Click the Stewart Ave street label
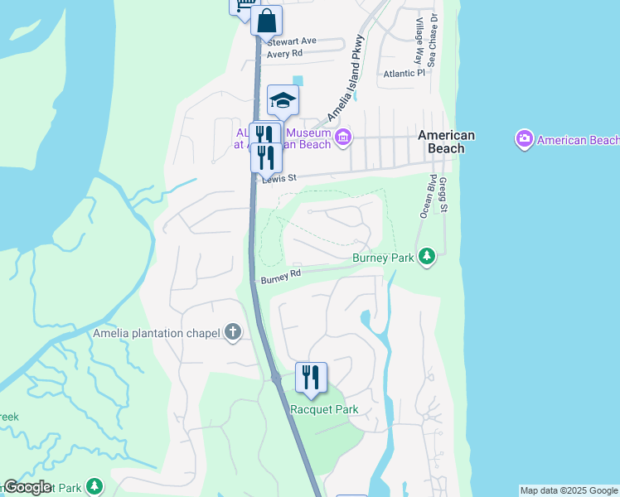292,41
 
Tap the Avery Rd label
284,53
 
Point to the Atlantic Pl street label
404,73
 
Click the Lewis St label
278,178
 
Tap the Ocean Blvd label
426,196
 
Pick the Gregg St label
443,195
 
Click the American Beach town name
446,142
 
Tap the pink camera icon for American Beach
524,139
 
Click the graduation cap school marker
283,99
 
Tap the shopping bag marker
267,21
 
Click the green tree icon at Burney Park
427,257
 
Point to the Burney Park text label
383,258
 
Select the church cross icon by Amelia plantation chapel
233,332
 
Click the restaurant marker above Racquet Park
311,377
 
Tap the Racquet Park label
324,409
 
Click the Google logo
27,487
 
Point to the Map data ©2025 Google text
569,490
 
